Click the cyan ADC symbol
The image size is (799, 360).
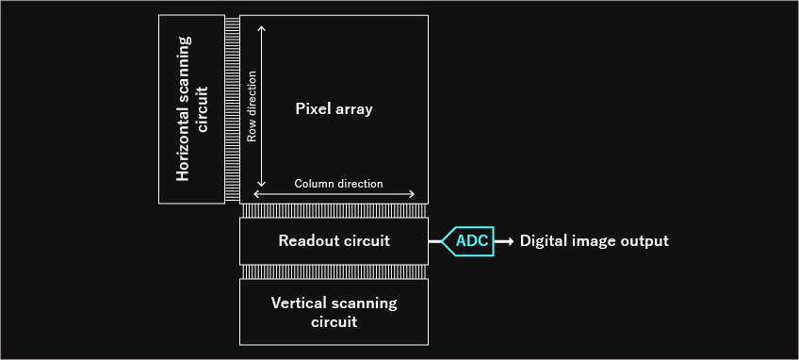tap(469, 241)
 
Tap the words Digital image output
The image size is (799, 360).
tap(594, 241)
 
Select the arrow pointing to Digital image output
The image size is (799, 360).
tap(505, 241)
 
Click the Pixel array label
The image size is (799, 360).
tap(334, 109)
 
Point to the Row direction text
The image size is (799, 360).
tap(253, 110)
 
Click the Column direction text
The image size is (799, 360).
tap(338, 184)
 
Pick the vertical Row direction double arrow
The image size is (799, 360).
tap(262, 106)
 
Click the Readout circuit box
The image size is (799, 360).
tap(334, 241)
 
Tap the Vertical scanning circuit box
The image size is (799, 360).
tap(334, 311)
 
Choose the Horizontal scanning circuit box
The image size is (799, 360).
tap(192, 108)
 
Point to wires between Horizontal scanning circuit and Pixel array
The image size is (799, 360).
tap(232, 108)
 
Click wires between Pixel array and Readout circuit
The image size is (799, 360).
tap(334, 211)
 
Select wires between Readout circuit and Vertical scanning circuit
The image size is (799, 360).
tap(334, 271)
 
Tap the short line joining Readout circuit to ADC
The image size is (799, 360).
tap(435, 241)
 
